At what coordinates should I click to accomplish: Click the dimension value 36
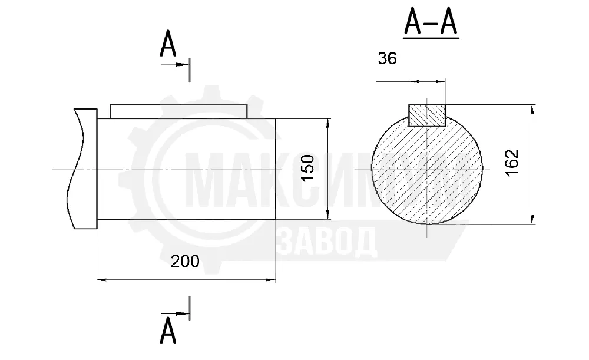tap(388, 58)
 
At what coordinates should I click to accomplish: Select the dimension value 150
tap(308, 167)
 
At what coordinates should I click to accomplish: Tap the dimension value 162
tap(512, 163)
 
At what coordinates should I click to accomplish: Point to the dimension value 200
tap(185, 261)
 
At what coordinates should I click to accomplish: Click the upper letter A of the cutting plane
tap(168, 44)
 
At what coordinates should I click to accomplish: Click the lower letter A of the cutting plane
tap(168, 331)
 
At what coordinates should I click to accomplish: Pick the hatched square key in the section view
tap(427, 115)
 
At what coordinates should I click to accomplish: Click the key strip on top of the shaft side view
tap(179, 111)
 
